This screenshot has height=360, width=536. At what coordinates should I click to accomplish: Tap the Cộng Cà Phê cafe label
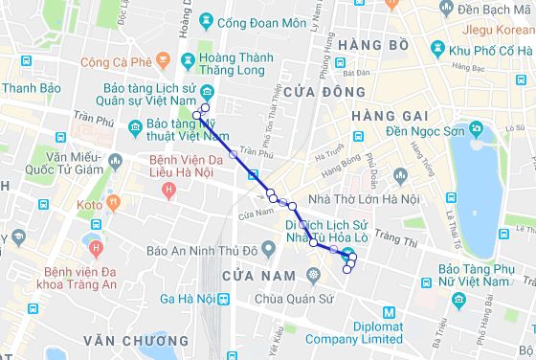tap(117, 64)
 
